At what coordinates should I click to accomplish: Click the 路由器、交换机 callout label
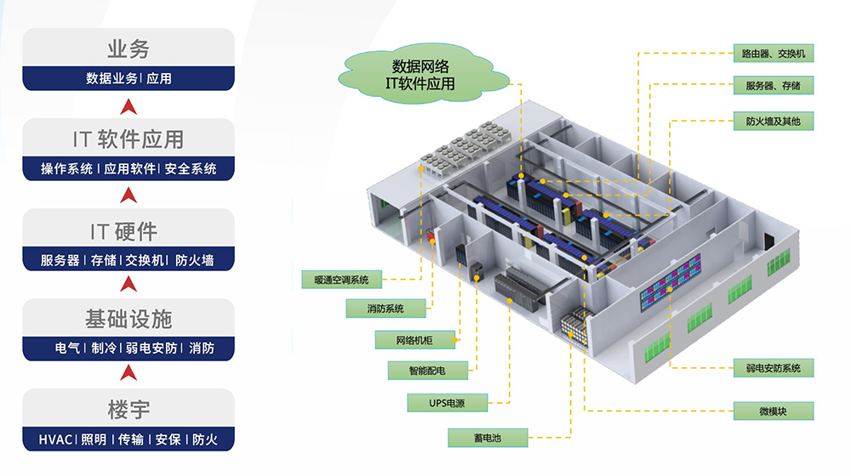[x=773, y=54]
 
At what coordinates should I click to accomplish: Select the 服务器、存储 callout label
[x=773, y=85]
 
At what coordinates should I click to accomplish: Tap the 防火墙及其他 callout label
[x=773, y=122]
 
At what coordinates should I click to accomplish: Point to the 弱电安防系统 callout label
[x=773, y=368]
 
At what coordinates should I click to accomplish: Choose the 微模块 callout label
[x=773, y=411]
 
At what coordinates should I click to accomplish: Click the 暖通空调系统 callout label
[x=341, y=279]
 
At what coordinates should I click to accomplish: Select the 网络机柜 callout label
[x=414, y=340]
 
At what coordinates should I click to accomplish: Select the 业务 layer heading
[x=129, y=48]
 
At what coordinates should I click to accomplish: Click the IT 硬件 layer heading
[x=129, y=229]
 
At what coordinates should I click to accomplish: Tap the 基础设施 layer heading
[x=129, y=320]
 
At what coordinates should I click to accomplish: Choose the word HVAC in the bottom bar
[x=56, y=440]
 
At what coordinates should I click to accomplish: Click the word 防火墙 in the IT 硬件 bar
[x=198, y=260]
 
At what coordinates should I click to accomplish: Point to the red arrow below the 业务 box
[x=129, y=106]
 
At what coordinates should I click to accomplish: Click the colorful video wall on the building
[x=670, y=283]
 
